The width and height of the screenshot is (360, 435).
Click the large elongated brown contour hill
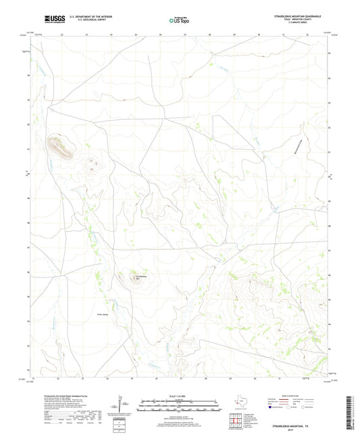coord(60,147)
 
